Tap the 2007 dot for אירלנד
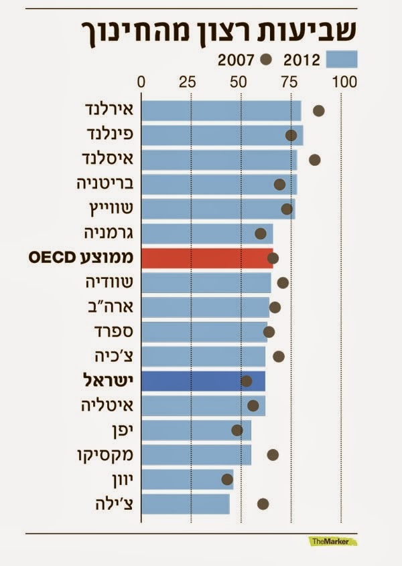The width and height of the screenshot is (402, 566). (x=319, y=110)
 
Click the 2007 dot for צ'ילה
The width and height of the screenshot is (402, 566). (x=263, y=504)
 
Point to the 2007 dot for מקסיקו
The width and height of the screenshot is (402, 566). (x=273, y=455)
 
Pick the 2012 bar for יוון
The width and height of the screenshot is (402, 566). (x=187, y=479)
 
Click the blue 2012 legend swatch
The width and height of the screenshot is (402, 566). (x=342, y=60)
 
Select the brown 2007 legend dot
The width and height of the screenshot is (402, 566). (x=267, y=60)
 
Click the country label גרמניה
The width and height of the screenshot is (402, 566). (x=109, y=233)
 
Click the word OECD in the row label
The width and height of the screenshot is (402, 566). (x=58, y=258)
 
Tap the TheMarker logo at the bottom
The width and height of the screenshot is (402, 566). (x=332, y=541)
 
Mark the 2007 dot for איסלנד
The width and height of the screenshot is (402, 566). (x=314, y=159)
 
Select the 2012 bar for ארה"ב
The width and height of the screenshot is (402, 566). (x=205, y=307)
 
